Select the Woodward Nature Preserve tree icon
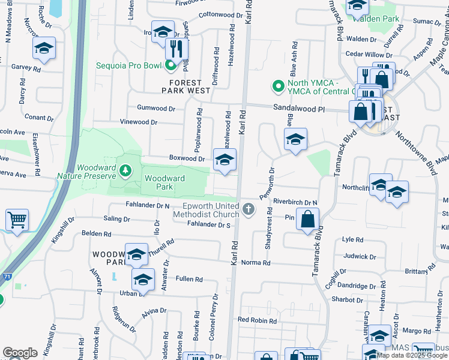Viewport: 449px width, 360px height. (125, 172)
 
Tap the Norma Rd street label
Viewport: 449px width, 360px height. (256, 263)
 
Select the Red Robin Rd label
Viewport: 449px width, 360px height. (257, 320)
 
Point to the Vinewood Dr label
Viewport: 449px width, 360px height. (139, 122)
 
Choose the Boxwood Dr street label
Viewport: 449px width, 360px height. (188, 159)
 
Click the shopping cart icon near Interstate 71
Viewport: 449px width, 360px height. (17, 220)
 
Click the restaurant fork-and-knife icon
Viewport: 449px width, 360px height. (176, 48)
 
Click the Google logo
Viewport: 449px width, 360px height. (20, 353)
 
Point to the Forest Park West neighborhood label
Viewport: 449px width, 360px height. (186, 86)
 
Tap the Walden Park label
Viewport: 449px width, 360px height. (381, 19)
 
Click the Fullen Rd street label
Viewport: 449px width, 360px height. (189, 279)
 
